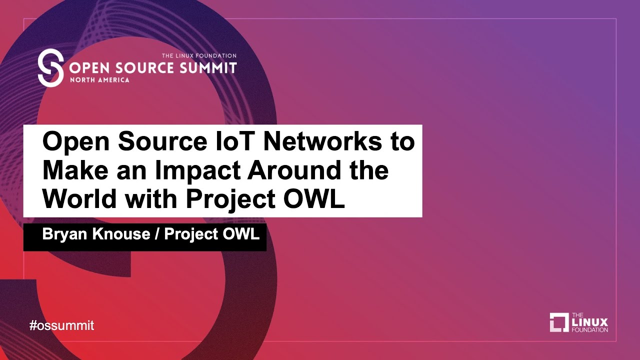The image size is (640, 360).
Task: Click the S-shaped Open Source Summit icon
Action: [51, 67]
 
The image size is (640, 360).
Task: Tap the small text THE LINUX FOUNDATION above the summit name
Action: [198, 56]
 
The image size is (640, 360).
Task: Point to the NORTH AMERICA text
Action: [99, 80]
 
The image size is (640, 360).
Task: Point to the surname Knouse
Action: [119, 233]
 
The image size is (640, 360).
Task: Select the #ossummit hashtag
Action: [61, 325]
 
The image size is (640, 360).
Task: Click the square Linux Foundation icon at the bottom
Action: [559, 322]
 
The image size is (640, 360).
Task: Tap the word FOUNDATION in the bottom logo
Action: [590, 330]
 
